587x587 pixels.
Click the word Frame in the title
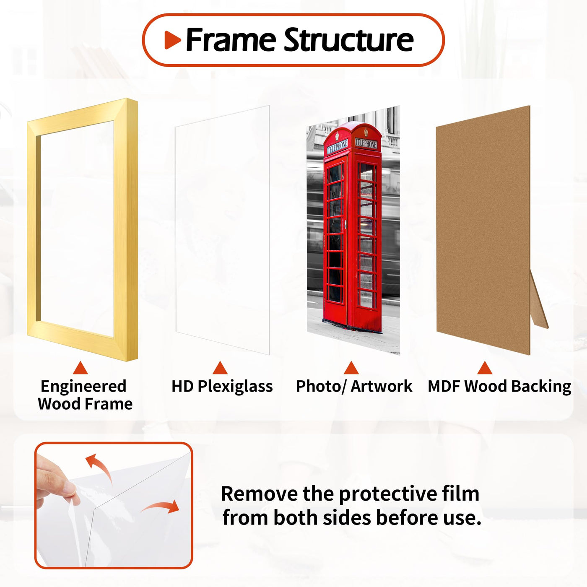(231, 39)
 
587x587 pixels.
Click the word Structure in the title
(349, 39)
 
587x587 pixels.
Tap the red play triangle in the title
(173, 40)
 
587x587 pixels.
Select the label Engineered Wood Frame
(85, 395)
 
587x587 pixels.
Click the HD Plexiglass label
(222, 387)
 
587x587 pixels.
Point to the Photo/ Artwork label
(354, 387)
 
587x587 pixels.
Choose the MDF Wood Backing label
(499, 387)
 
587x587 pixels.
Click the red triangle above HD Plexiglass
(220, 368)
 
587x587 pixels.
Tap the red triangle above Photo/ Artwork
(351, 368)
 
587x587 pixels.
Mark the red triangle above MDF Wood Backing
(485, 368)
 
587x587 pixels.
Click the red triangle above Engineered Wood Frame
(81, 368)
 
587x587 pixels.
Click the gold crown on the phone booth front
(337, 136)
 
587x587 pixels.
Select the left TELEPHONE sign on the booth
(337, 148)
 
